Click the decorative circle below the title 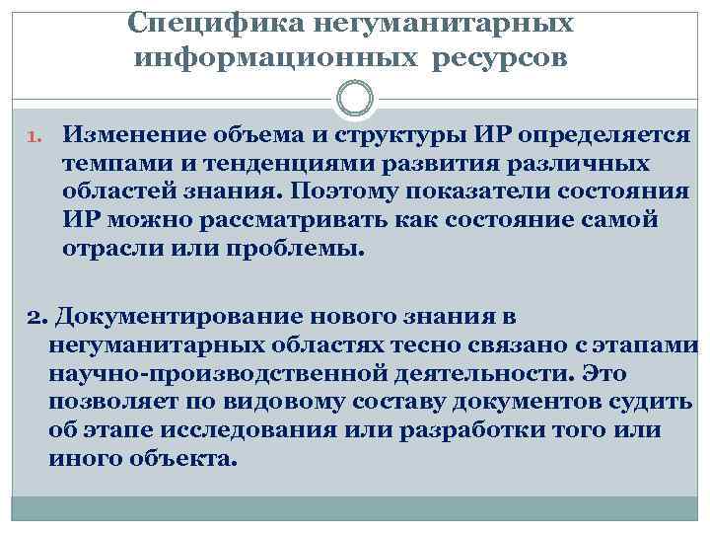354,100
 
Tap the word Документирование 173,319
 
